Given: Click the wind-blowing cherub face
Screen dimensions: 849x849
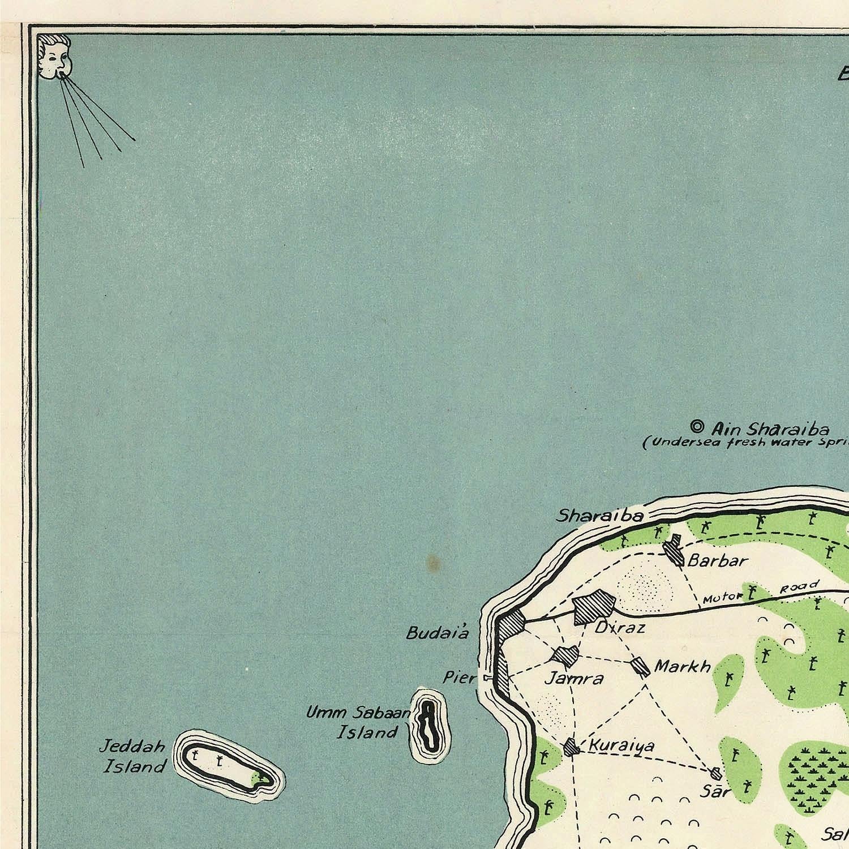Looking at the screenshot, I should click(x=54, y=55).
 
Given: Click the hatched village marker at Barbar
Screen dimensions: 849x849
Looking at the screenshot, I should click(x=675, y=550).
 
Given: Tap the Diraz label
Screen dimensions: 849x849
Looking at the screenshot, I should click(x=620, y=628).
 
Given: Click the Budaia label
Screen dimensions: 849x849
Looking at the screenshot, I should click(x=438, y=633).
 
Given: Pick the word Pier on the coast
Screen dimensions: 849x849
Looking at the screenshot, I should click(x=459, y=677).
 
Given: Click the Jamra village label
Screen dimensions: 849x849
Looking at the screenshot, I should click(x=573, y=678).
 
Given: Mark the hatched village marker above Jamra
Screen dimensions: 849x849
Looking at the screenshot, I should click(x=566, y=655).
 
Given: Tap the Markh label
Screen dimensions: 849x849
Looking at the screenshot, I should click(x=682, y=666).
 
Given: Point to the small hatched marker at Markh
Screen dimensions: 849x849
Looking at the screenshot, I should click(x=641, y=666).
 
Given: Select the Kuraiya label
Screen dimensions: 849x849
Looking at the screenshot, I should click(x=621, y=746).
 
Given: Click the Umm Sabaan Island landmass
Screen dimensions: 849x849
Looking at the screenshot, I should click(x=430, y=725).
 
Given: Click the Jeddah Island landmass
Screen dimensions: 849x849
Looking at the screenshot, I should click(x=226, y=765).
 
